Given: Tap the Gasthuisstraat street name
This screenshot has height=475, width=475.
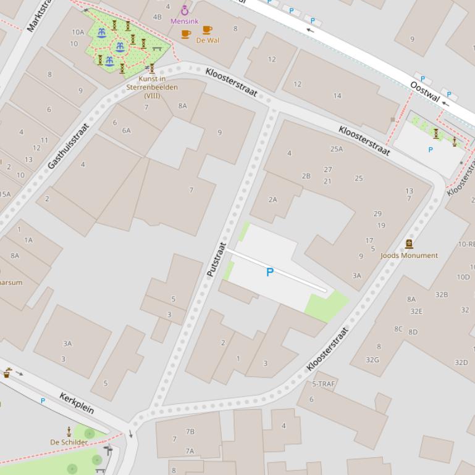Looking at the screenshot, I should (69, 146).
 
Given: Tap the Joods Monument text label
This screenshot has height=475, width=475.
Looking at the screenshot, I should (409, 255).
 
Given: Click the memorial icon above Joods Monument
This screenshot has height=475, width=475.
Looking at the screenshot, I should (408, 244).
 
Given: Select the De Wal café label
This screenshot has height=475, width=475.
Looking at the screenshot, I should (208, 40).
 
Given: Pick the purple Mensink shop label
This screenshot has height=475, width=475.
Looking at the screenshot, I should (184, 21).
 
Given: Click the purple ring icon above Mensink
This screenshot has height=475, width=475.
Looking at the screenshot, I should (184, 10).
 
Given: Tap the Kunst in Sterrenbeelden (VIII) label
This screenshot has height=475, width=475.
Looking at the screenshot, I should (152, 87).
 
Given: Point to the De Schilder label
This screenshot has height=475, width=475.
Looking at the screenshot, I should (69, 442).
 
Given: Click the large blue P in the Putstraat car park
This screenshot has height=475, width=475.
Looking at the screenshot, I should (269, 272).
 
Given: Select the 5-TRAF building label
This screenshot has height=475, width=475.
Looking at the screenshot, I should (324, 384).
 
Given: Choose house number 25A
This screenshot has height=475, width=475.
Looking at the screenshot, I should (336, 149).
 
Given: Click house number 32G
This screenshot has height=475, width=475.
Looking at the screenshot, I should (372, 360).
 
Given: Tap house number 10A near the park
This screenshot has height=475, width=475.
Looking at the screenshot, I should (78, 32).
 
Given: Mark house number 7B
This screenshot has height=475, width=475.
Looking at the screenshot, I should (190, 431).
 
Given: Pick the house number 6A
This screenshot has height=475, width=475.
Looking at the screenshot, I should (126, 130).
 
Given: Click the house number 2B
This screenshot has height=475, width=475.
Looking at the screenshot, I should (306, 176).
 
